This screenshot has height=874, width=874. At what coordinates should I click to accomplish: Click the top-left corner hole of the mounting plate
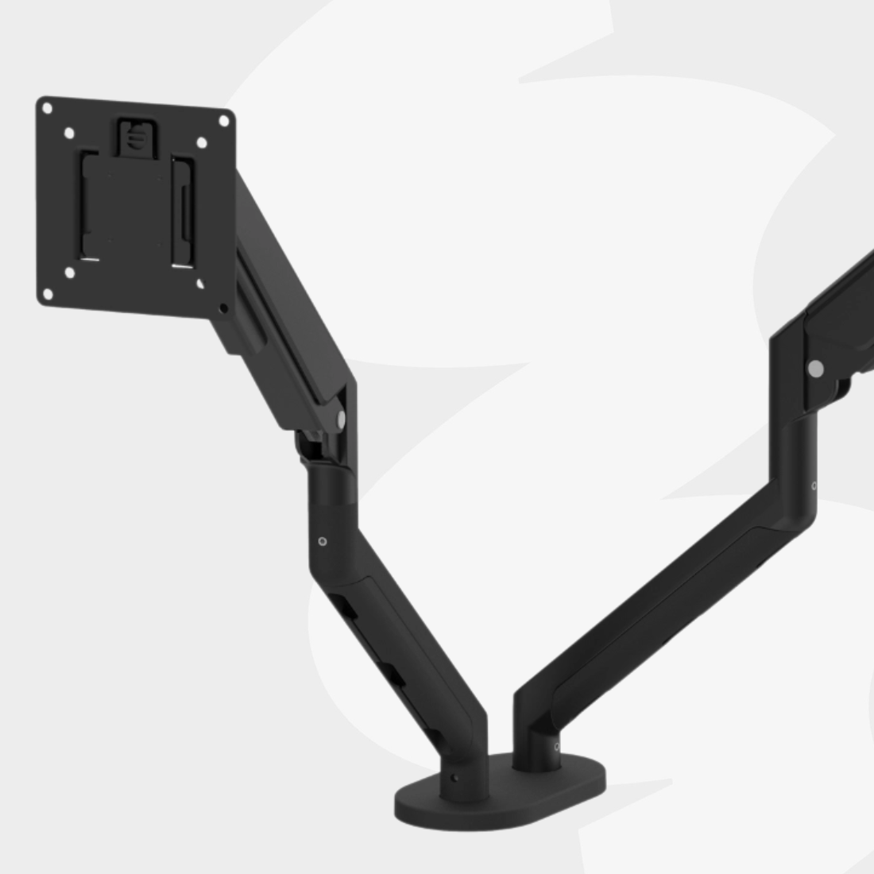pos(48,109)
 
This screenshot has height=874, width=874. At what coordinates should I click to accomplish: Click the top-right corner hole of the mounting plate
pos(223,121)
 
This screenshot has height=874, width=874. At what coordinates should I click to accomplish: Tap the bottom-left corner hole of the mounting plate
pos(48,294)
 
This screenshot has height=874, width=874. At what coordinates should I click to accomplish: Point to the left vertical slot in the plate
pos(86,207)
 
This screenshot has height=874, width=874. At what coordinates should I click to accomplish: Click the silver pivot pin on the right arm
pos(814,368)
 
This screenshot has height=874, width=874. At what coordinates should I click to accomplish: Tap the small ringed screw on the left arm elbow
pos(322,542)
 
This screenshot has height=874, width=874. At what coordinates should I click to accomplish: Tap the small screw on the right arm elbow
pos(814,485)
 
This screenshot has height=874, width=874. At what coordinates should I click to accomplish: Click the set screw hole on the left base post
pos(454,778)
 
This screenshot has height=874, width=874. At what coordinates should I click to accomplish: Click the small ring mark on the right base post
pos(556,745)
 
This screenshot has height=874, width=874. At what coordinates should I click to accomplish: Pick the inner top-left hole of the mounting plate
pos(69,133)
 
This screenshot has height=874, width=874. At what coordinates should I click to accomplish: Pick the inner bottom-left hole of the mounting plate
pos(69,273)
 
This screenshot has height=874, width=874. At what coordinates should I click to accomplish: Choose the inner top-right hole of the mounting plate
pos(201,143)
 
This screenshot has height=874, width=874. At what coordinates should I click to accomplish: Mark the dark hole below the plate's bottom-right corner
pos(224,307)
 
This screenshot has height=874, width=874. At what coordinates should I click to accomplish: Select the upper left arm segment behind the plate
pos(286,286)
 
